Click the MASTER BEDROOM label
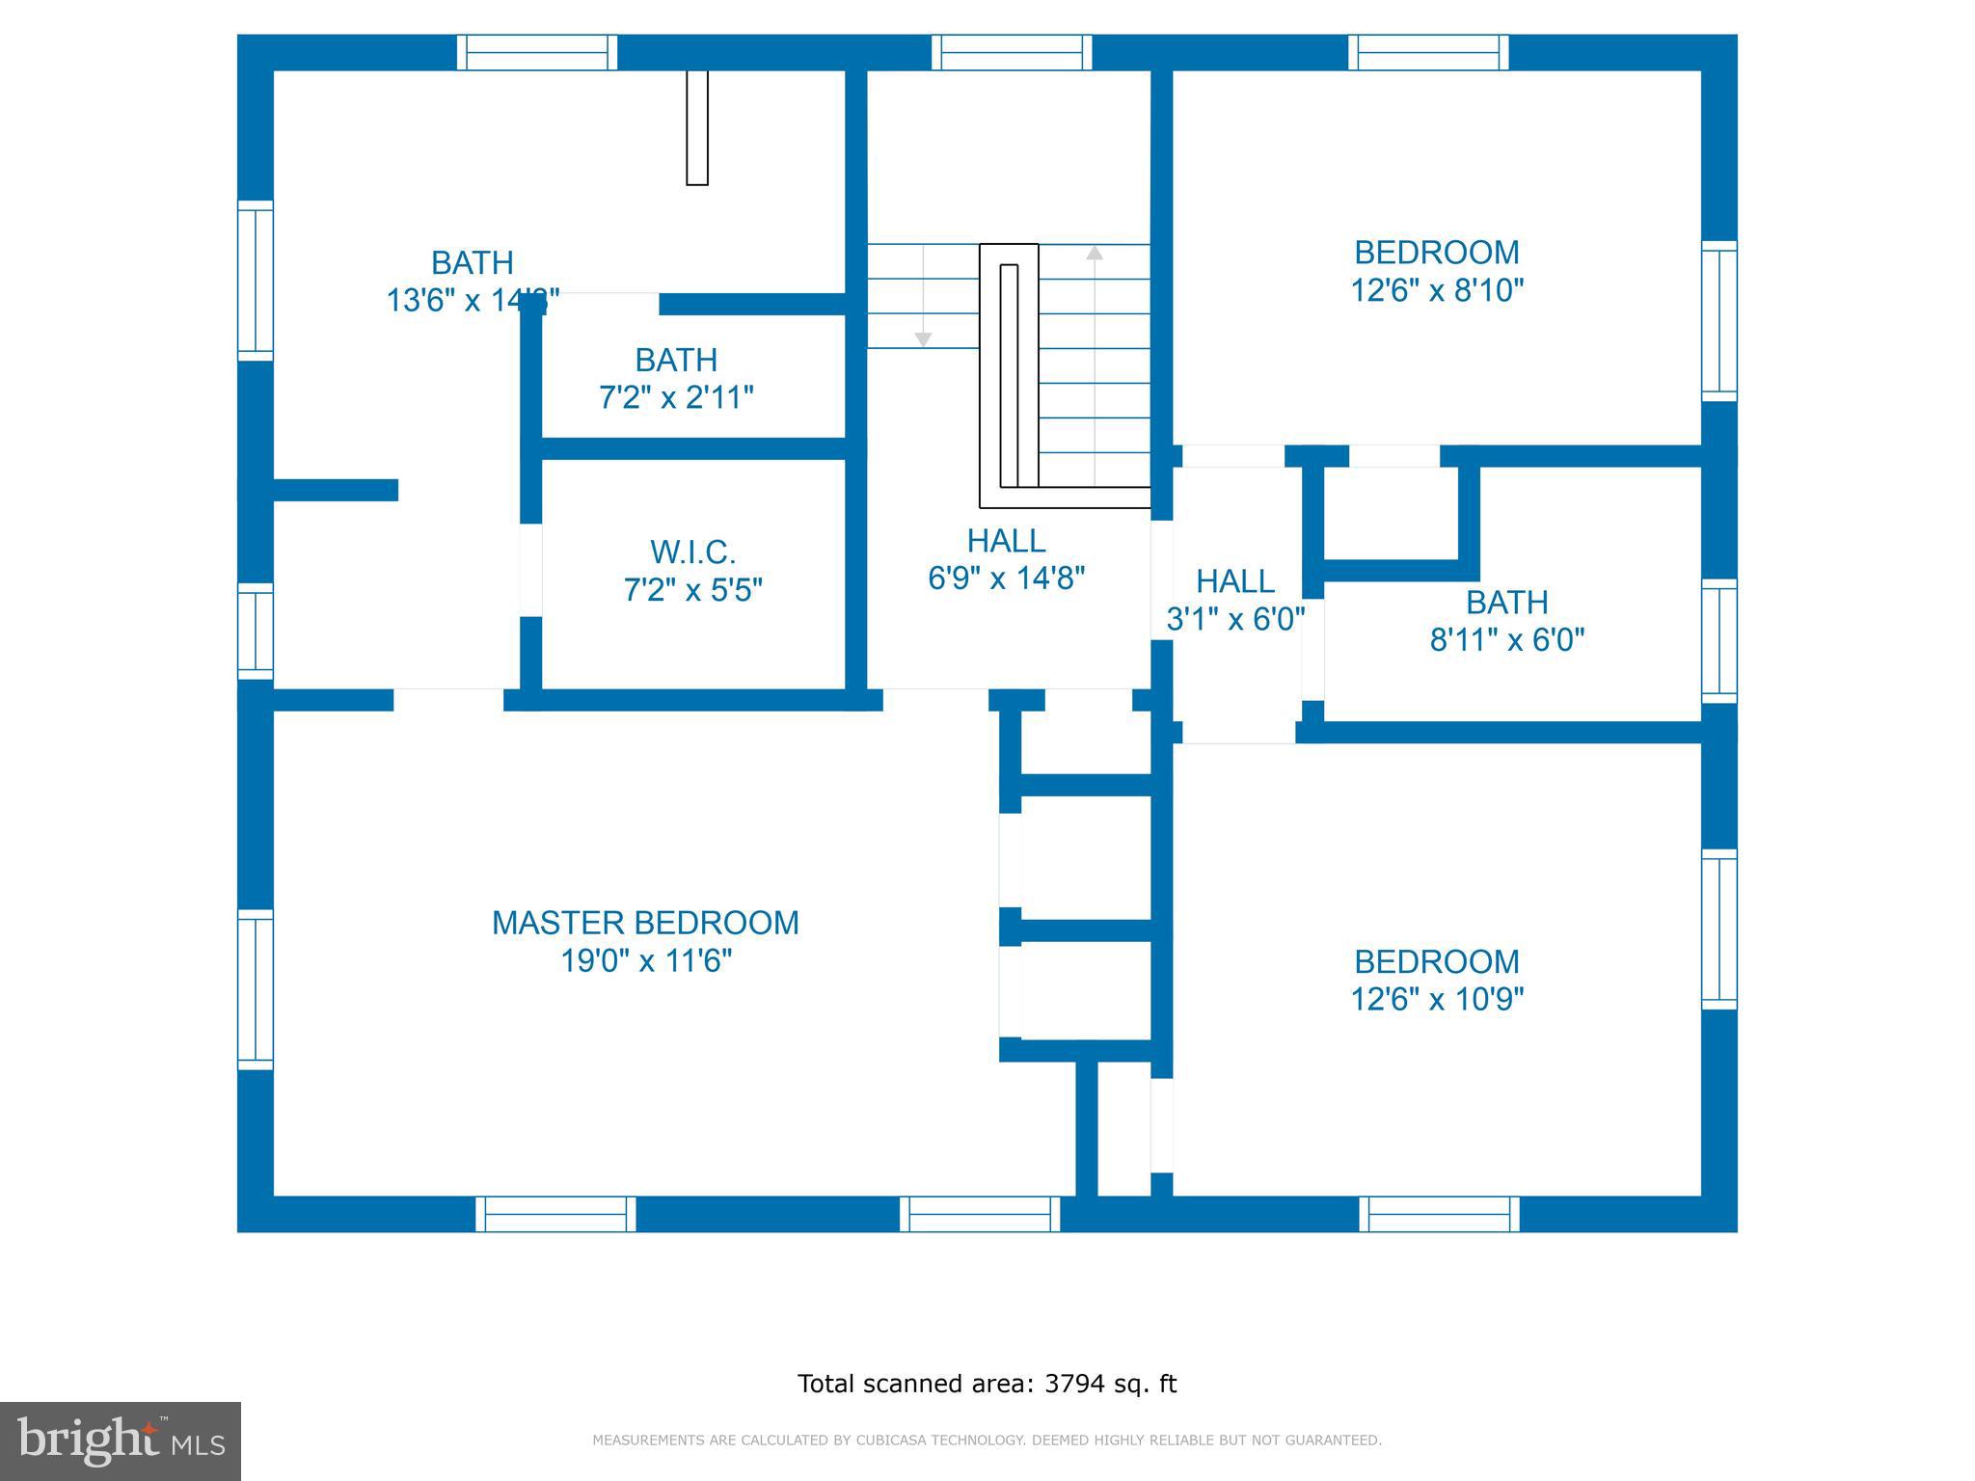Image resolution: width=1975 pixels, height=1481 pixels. [645, 923]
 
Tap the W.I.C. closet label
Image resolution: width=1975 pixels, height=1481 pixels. [692, 552]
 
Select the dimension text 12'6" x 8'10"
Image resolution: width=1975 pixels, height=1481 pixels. [1436, 290]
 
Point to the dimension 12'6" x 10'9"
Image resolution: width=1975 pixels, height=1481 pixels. [1436, 999]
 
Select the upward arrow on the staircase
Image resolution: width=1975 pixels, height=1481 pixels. [1094, 254]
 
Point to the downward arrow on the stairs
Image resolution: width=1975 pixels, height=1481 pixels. [923, 338]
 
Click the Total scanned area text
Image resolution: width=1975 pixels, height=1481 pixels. [987, 1384]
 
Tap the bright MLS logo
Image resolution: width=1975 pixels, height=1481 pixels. [120, 1441]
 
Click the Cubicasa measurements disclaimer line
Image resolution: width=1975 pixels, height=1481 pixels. [987, 1441]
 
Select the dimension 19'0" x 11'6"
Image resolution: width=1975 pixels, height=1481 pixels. [646, 961]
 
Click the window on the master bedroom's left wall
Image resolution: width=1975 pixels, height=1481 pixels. [256, 989]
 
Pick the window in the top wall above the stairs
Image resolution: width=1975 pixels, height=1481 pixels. [1012, 52]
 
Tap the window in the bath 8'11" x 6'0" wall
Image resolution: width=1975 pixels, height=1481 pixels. [1718, 640]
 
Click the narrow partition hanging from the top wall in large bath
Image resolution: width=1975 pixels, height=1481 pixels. [697, 126]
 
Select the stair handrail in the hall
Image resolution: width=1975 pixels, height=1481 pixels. [1009, 375]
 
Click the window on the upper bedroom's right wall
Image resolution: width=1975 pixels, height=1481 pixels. [1718, 320]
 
